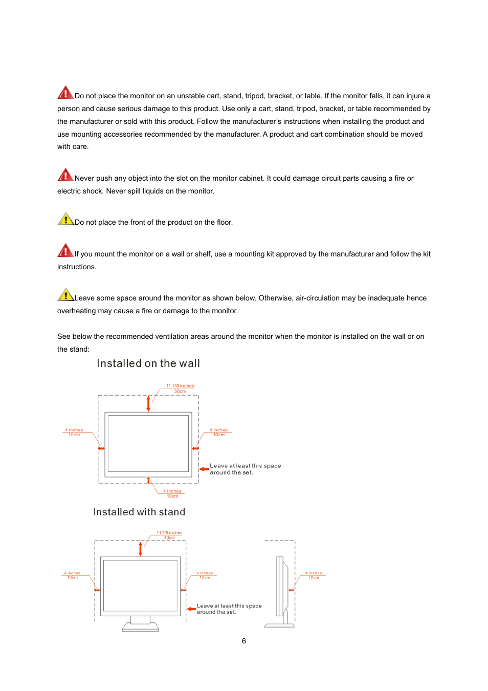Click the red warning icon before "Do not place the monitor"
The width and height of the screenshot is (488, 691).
point(65,93)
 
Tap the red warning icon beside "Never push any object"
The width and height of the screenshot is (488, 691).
point(65,175)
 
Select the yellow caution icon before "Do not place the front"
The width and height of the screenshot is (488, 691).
point(65,219)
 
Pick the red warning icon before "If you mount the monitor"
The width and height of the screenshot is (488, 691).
point(65,251)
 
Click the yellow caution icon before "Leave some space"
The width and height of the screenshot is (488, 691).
point(65,295)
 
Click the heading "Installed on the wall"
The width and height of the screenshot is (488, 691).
point(148,363)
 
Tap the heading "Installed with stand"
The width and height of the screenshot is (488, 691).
point(139,512)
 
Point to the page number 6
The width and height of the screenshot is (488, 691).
point(244,641)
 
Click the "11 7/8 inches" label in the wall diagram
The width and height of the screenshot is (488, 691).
point(180,386)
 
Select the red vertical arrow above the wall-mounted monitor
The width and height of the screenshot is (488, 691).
point(148,403)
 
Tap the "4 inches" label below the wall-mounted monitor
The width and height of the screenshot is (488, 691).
point(172,491)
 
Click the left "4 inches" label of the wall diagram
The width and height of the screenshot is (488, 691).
point(74,430)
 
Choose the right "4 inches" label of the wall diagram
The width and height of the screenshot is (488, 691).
point(219,430)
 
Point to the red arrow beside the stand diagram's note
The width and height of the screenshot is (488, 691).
point(191,609)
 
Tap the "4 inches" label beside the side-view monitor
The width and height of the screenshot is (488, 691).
point(314,573)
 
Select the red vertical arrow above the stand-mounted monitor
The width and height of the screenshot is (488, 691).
point(140,549)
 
